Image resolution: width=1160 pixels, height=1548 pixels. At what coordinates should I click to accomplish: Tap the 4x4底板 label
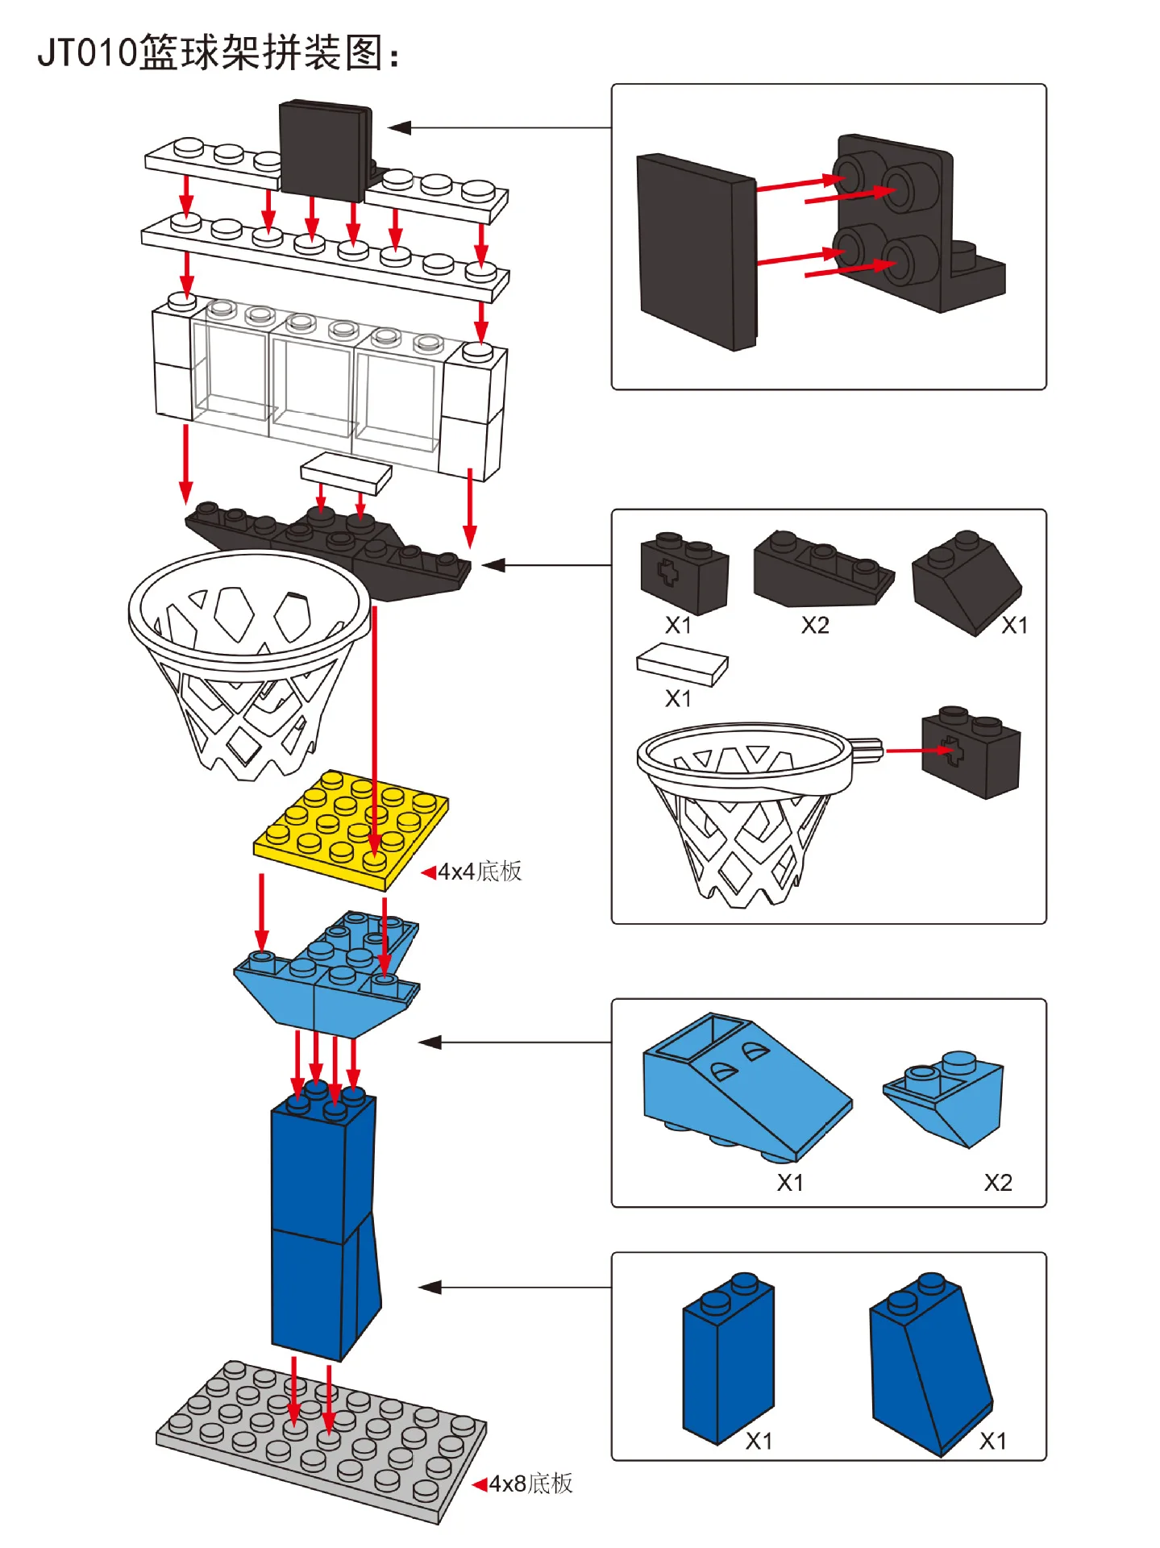click(480, 872)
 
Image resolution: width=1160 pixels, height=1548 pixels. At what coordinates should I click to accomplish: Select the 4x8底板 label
click(530, 1483)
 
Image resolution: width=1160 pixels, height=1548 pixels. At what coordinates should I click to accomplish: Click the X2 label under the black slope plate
click(815, 626)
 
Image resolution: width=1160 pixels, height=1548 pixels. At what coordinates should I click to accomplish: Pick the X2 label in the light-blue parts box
click(997, 1183)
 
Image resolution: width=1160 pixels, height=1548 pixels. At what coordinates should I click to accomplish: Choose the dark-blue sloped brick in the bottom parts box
click(927, 1363)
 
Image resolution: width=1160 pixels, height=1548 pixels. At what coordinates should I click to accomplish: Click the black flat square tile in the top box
click(695, 252)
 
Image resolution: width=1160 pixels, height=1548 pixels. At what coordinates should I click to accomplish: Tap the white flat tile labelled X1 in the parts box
click(682, 664)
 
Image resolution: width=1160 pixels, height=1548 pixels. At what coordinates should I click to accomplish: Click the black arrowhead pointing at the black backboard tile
click(400, 127)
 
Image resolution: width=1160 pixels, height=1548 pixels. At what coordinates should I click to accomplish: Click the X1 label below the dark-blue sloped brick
click(992, 1441)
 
